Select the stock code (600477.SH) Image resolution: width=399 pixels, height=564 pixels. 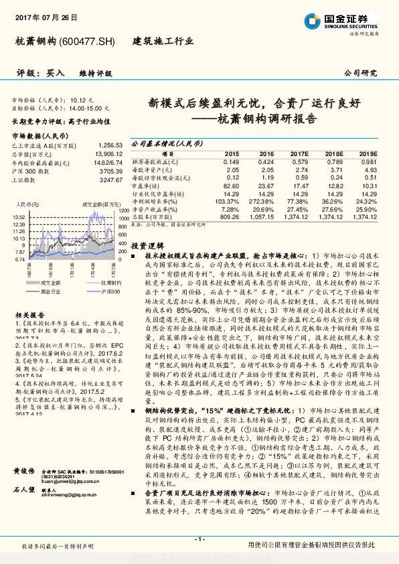click(87, 42)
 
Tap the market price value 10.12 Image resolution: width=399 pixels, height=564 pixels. click(78, 99)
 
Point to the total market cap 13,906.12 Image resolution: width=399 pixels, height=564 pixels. click(109, 153)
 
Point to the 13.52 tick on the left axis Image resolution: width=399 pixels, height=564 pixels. click(19, 217)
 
